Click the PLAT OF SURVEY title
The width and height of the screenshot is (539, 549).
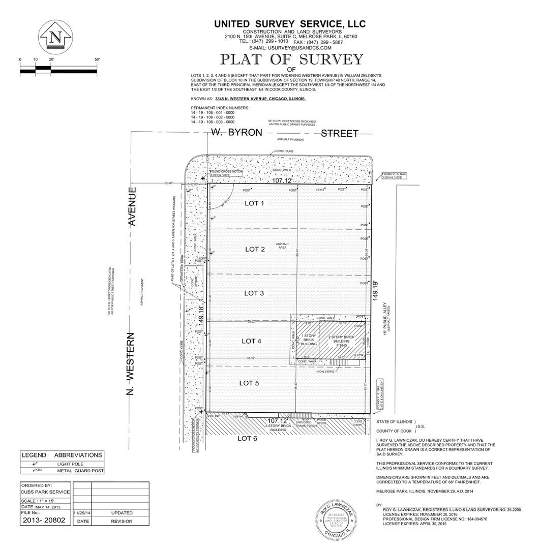(x=291, y=59)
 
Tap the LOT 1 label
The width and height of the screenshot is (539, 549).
(x=255, y=203)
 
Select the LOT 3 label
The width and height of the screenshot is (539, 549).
(x=254, y=293)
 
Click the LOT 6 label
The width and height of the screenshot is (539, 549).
(x=248, y=439)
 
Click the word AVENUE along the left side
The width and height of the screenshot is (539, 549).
(x=133, y=206)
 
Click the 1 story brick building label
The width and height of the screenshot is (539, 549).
(x=309, y=340)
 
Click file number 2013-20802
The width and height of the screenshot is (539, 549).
(x=44, y=521)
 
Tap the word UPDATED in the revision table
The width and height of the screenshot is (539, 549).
(x=122, y=513)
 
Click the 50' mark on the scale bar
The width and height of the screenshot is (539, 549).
(x=97, y=59)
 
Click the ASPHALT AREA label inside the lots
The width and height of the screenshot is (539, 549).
(x=283, y=246)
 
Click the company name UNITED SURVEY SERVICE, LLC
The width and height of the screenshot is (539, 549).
(x=289, y=24)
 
